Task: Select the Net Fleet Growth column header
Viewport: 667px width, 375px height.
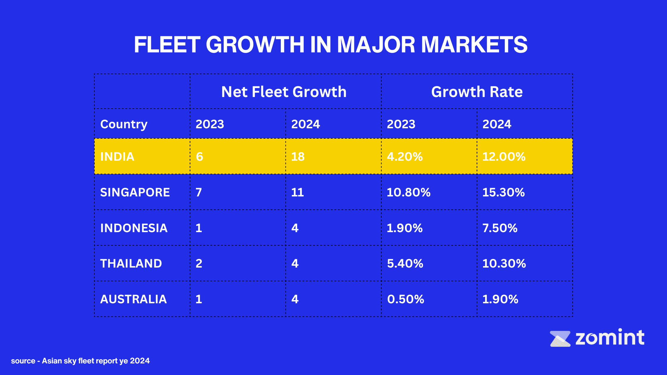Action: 284,92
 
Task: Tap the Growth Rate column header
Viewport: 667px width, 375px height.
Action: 477,92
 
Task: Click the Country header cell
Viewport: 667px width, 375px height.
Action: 124,124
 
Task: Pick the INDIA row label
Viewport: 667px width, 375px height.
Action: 117,157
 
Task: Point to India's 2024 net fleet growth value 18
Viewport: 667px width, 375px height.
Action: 298,157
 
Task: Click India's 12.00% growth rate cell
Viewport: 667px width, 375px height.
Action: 504,157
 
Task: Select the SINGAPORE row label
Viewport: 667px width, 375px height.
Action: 135,192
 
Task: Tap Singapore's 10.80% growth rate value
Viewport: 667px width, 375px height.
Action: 409,192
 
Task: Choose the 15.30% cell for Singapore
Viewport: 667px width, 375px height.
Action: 504,192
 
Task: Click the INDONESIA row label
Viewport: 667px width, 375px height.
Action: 134,228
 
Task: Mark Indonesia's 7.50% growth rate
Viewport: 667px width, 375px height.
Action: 500,228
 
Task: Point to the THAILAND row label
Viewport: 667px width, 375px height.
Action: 131,264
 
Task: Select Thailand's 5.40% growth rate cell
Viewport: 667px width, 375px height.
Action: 405,264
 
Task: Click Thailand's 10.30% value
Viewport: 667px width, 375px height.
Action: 504,264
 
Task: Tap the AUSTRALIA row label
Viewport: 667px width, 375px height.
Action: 133,299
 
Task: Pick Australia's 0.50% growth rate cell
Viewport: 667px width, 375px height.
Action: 406,299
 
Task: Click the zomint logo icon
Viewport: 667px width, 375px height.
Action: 560,339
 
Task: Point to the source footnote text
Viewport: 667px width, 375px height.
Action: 80,361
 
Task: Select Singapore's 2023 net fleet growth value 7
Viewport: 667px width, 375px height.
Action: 199,192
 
